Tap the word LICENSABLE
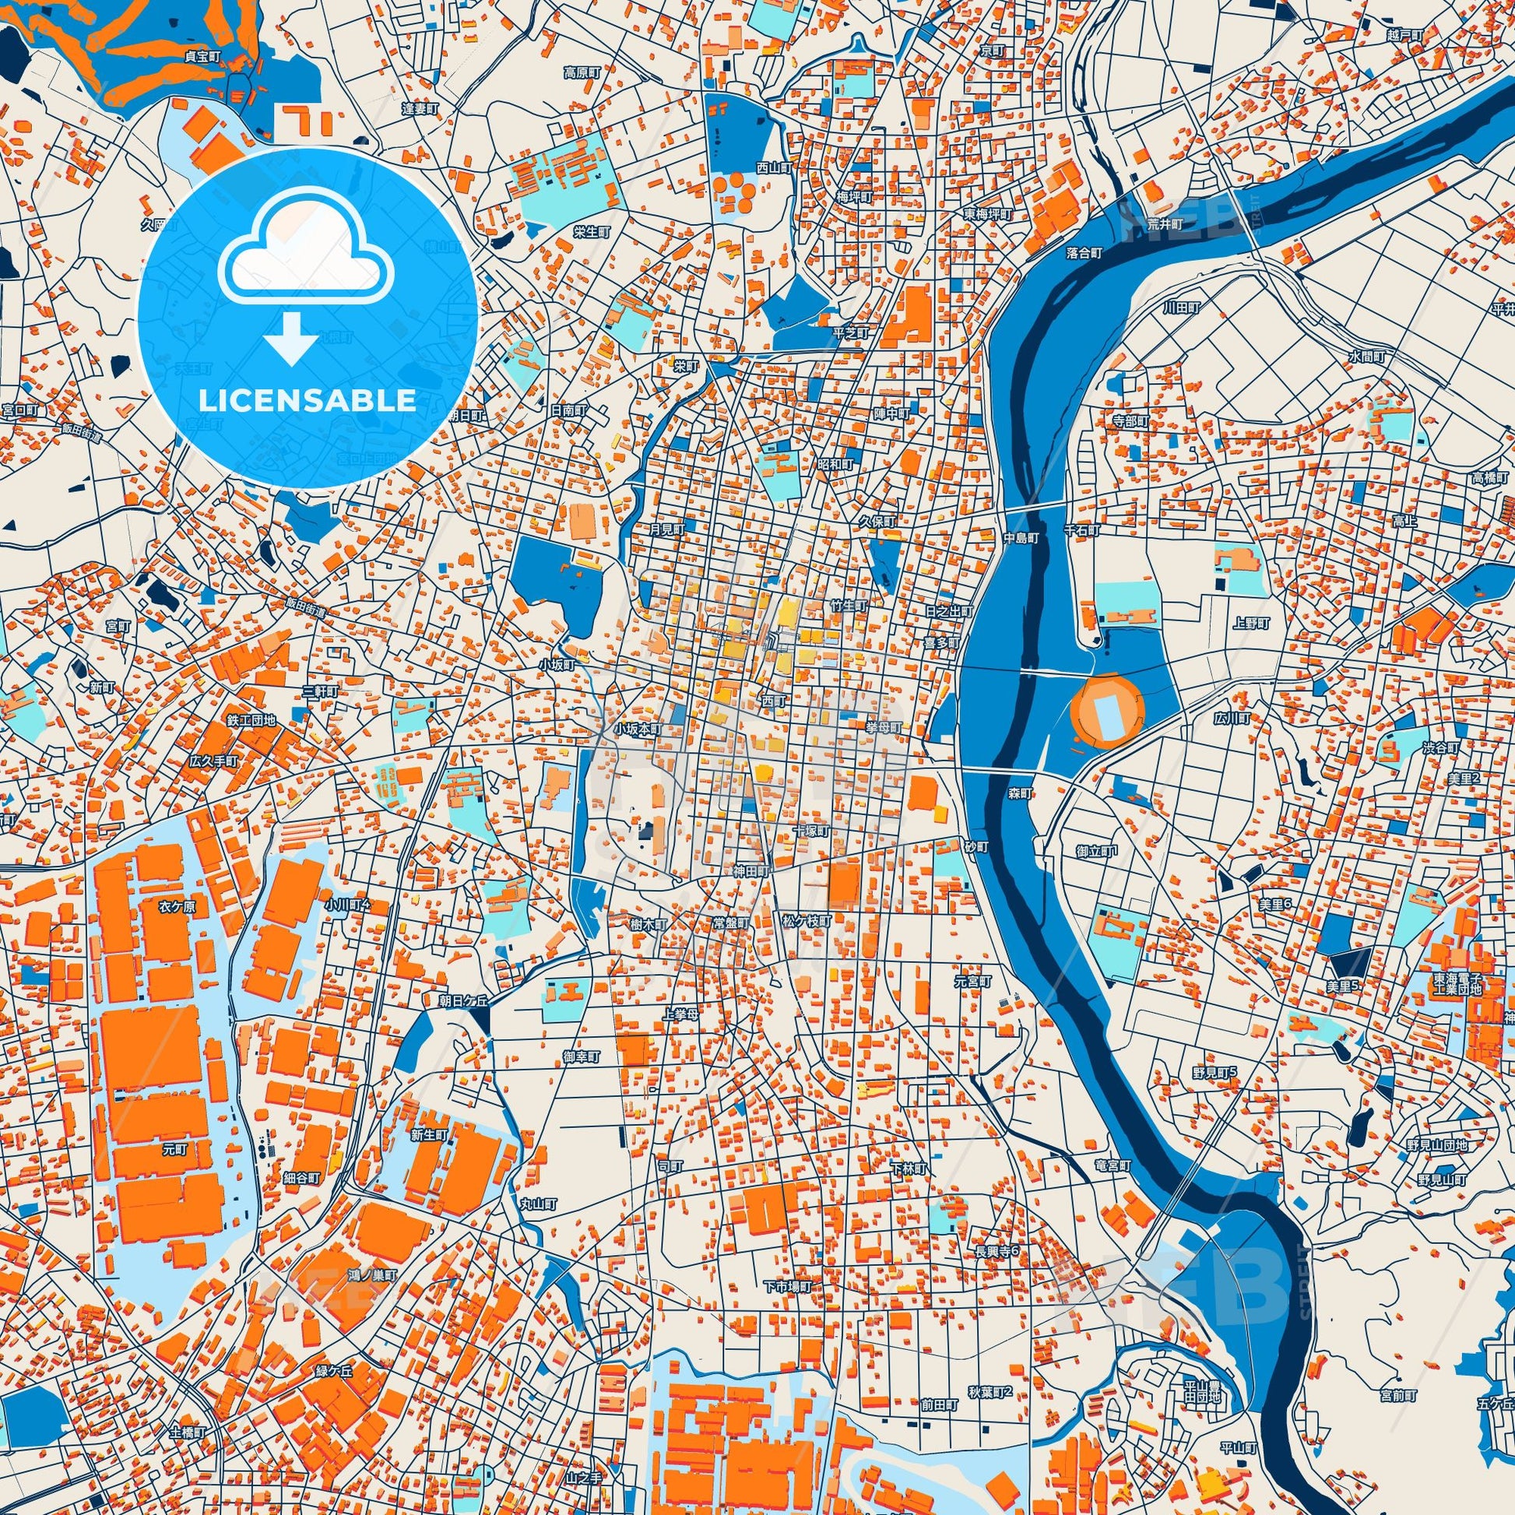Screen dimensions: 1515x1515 point(307,401)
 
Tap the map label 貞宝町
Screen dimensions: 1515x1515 point(203,58)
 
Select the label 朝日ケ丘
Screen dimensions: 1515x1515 point(462,1000)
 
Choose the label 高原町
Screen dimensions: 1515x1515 point(582,72)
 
